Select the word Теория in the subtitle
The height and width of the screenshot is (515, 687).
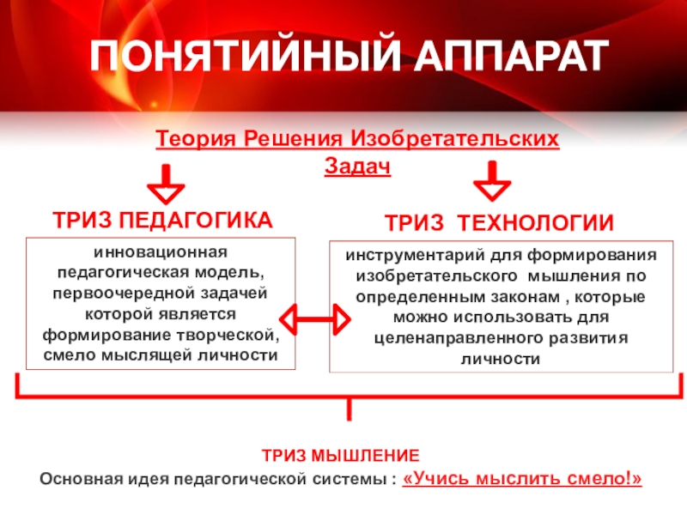[196, 139]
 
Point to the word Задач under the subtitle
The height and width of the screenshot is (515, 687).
[357, 166]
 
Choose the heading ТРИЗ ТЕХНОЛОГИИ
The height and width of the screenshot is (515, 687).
[499, 223]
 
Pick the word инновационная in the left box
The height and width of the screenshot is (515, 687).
[161, 255]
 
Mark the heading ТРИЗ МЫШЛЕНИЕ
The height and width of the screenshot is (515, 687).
[341, 455]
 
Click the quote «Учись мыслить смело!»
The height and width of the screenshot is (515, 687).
[521, 477]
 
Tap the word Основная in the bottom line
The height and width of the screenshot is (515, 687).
[80, 477]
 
